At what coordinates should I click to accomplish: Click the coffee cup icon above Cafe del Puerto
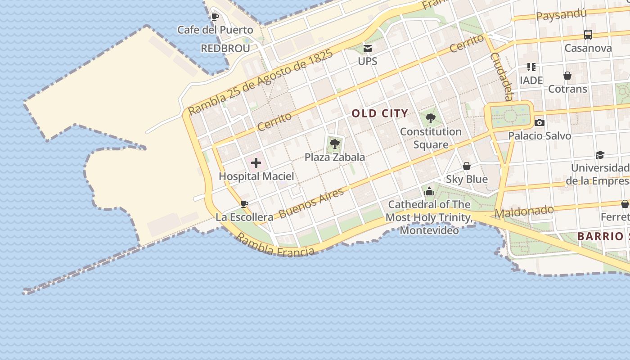coord(215,17)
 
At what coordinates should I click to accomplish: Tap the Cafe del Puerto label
coord(215,30)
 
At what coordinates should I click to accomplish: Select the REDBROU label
coord(225,49)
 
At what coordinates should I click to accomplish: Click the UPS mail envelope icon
coord(368,49)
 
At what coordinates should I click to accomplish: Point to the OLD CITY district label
coord(380,113)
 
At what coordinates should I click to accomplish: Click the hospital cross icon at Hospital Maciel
coord(256,163)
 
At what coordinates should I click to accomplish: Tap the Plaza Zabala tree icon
coord(334,144)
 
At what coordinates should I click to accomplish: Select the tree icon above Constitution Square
coord(431,118)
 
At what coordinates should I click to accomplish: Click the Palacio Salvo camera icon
coord(539,122)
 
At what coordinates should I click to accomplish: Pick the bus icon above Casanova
coord(588,34)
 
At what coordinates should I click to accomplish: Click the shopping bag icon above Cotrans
coord(567,76)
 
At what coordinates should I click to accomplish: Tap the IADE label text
coord(531,81)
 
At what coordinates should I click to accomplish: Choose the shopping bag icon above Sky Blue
coord(467,166)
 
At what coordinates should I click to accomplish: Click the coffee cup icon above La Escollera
coord(244,204)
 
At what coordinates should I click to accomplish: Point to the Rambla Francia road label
coord(275,246)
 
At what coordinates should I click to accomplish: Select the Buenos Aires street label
coord(311,203)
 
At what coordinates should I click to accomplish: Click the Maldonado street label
coord(524,211)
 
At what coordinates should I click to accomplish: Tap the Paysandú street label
coord(561,15)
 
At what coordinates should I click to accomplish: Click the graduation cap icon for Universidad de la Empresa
coord(600,155)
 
